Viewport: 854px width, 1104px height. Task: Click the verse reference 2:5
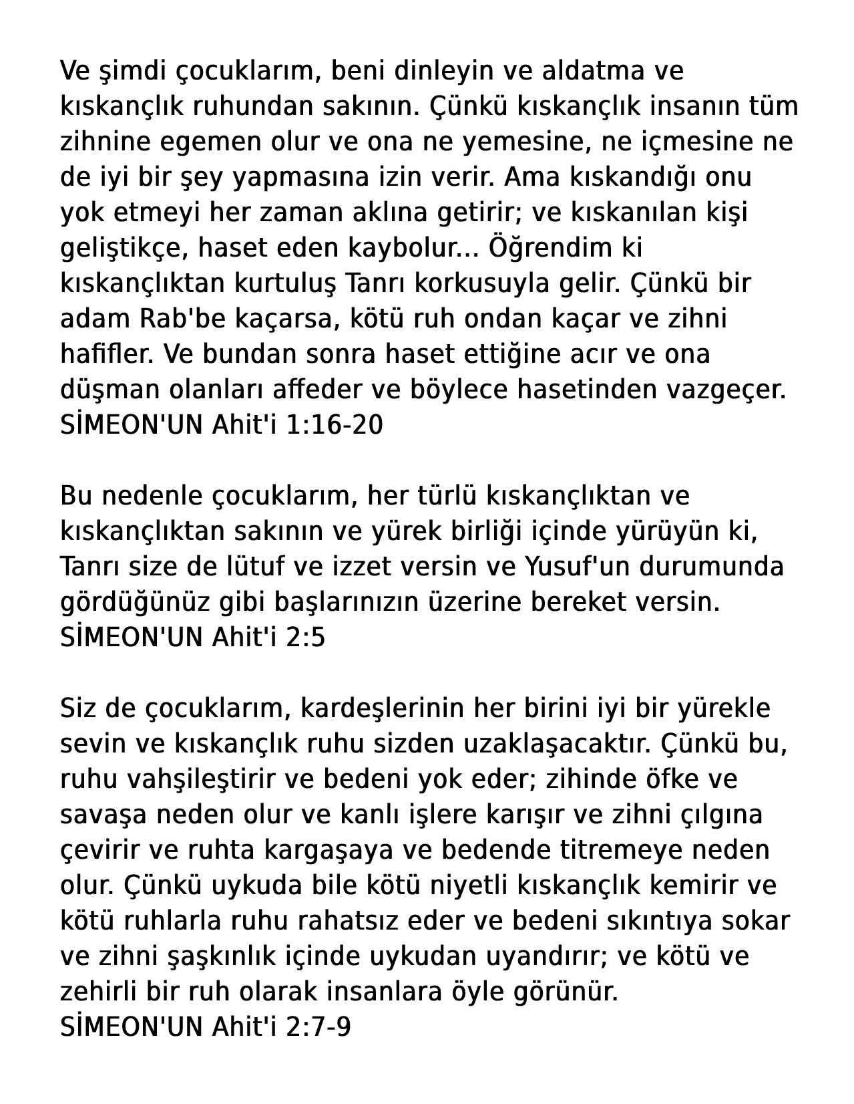(x=305, y=638)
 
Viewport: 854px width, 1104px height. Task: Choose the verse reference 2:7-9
(x=318, y=1027)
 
